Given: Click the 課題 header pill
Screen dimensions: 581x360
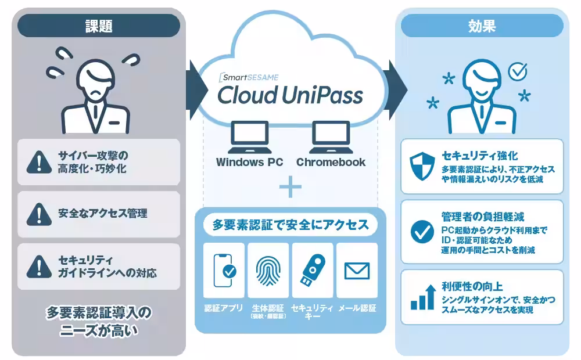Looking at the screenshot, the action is (x=99, y=26).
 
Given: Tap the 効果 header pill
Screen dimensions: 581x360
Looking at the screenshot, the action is (x=482, y=26).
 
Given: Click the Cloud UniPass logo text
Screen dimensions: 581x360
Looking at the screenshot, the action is (x=290, y=95).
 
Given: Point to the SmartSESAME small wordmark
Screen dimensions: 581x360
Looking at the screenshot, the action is (x=249, y=77).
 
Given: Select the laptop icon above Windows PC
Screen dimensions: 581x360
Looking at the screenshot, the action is (x=249, y=136).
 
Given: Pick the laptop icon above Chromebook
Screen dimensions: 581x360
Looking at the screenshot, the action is (x=331, y=136).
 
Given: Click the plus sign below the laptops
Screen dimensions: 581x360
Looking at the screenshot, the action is (x=290, y=186).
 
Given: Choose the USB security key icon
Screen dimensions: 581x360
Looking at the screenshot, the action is (x=313, y=270).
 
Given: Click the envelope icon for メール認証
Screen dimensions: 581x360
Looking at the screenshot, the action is (x=357, y=271).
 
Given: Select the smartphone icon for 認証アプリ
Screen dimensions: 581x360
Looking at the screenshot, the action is (x=224, y=271).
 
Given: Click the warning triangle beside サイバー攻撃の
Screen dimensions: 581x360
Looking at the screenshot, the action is (x=39, y=162).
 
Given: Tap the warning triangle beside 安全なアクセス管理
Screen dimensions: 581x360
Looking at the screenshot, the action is (x=39, y=214).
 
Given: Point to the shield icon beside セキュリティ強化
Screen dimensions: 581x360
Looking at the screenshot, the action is (x=422, y=167).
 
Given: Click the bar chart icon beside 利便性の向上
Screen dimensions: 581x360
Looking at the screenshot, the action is (x=422, y=297).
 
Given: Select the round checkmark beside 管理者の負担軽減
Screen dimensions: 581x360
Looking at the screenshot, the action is (x=422, y=232).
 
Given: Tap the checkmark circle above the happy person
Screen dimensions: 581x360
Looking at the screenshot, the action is (x=518, y=71).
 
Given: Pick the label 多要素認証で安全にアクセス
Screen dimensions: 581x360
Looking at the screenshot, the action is (x=290, y=225).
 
